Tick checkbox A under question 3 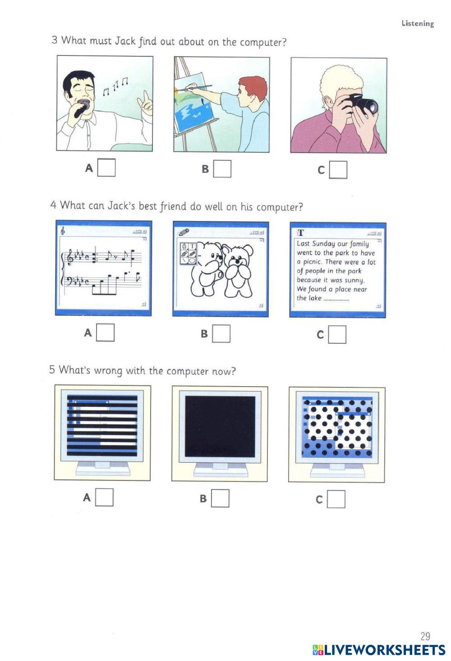coord(106,168)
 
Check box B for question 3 coord(222,169)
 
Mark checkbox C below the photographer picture coord(338,170)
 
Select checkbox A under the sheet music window coord(106,333)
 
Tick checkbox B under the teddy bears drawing coord(221,334)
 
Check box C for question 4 coord(337,335)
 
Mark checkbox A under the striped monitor coord(104,497)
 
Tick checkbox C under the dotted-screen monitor coord(336,499)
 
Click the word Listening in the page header coord(418,23)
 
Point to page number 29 coord(425,637)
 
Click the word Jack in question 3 coord(125,41)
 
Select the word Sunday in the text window coord(324,243)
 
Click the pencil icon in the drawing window coord(184,232)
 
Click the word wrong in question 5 coord(108,371)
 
